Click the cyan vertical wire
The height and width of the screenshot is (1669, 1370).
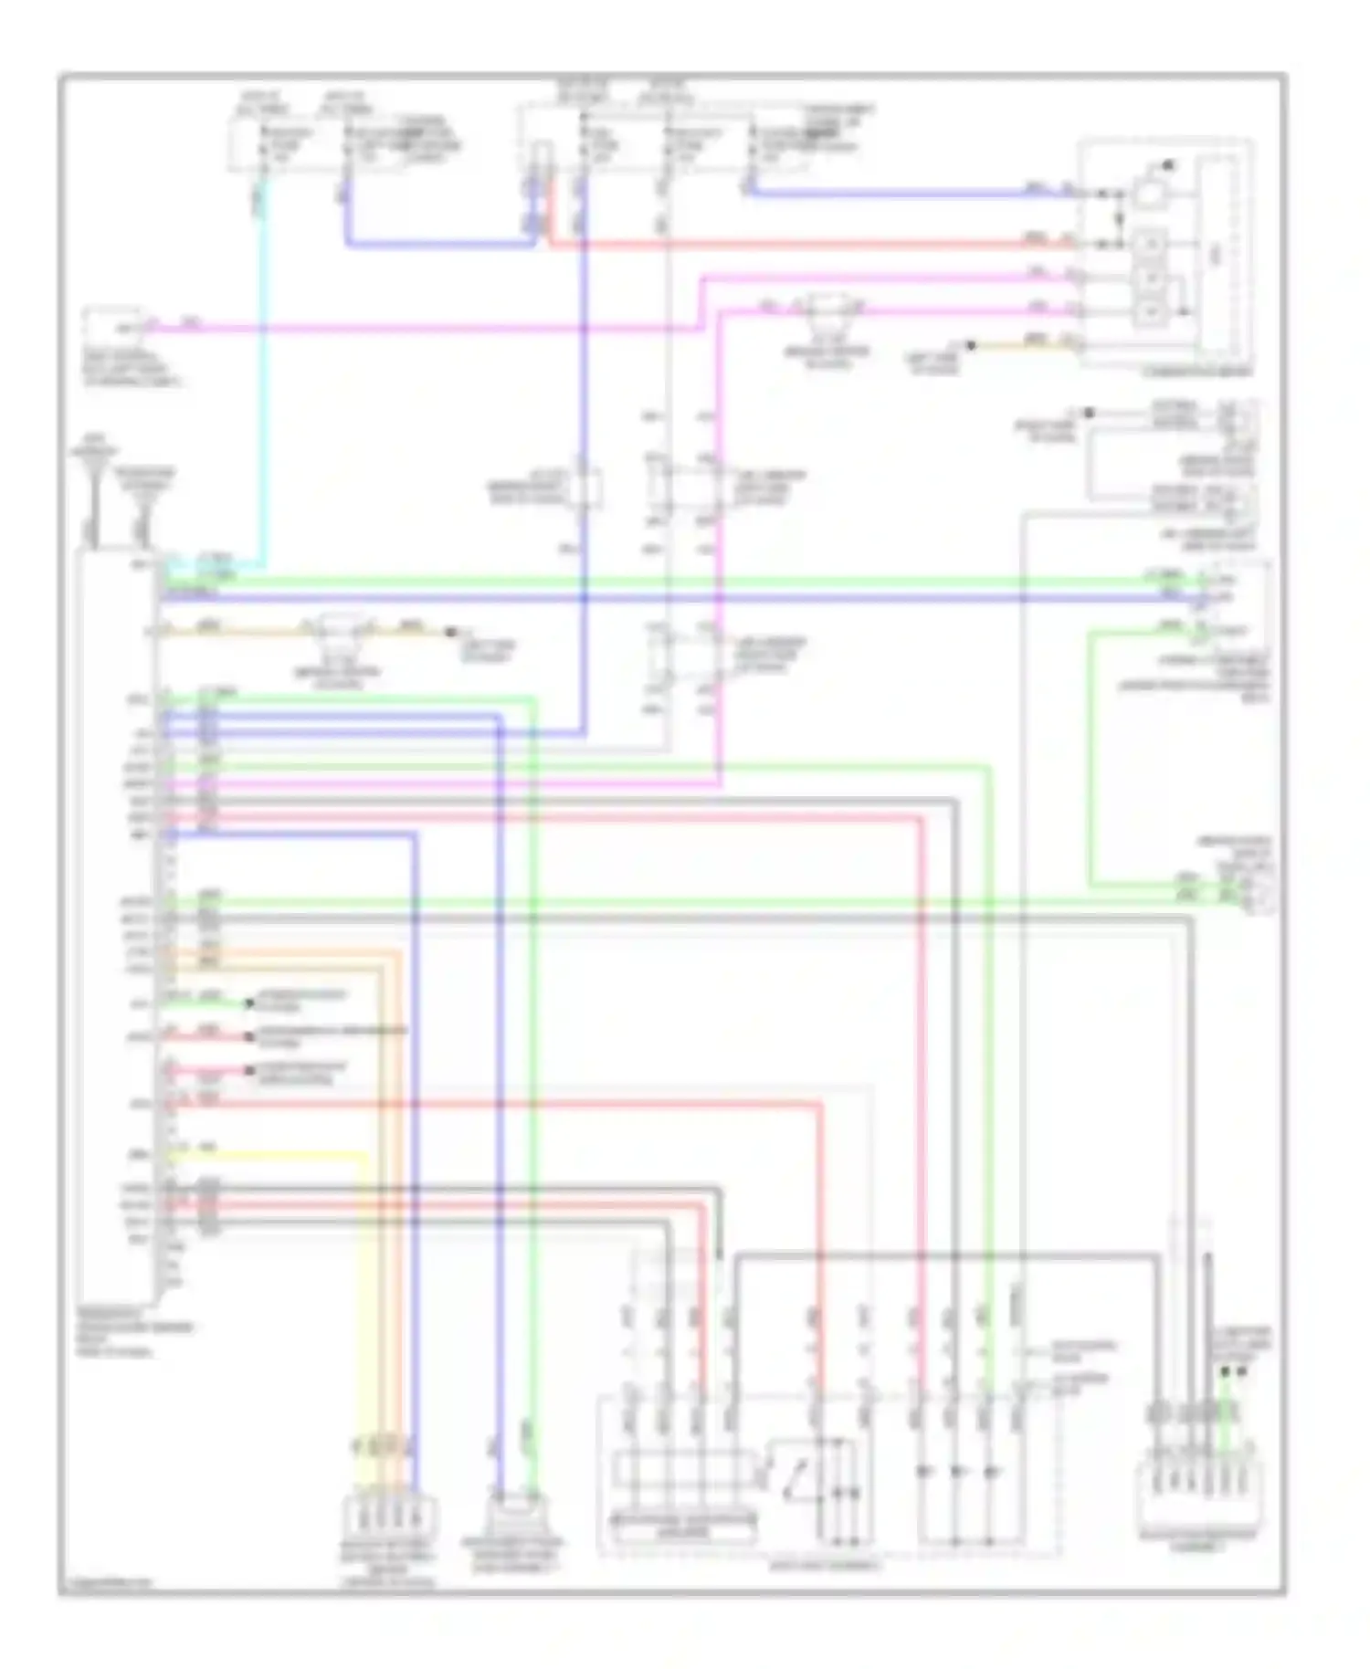point(263,383)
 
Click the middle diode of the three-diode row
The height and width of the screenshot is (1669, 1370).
point(957,1472)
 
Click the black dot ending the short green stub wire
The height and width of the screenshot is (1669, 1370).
point(248,1003)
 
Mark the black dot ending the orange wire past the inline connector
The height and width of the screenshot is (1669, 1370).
point(450,632)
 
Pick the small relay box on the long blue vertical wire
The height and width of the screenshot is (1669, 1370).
point(585,488)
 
